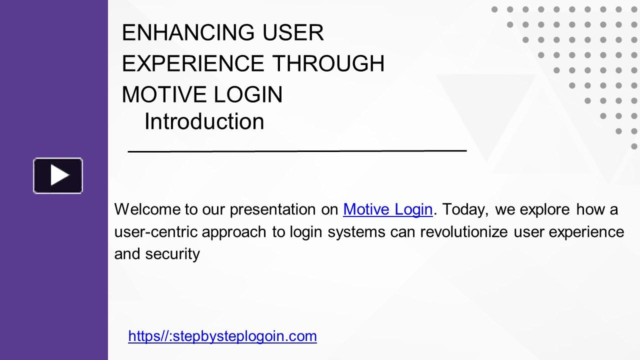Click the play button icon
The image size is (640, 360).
click(58, 175)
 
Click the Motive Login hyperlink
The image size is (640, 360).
click(387, 209)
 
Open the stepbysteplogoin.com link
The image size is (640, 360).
click(222, 336)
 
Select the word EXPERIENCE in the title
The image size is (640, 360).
click(192, 63)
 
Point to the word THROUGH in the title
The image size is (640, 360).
click(328, 63)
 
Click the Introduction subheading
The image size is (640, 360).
click(204, 121)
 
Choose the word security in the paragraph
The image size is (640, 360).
click(172, 254)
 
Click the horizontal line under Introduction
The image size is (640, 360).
click(297, 149)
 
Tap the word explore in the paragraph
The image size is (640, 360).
click(544, 209)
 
